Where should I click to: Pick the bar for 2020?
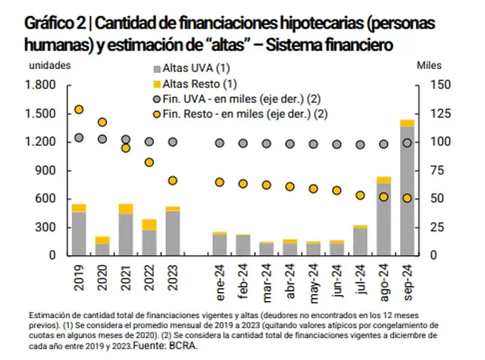(x=102, y=246)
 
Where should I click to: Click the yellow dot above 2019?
(x=79, y=110)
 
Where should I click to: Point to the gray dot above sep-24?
(x=407, y=143)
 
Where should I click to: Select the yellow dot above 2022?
(x=149, y=162)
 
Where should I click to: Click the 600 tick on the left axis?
(x=44, y=199)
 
